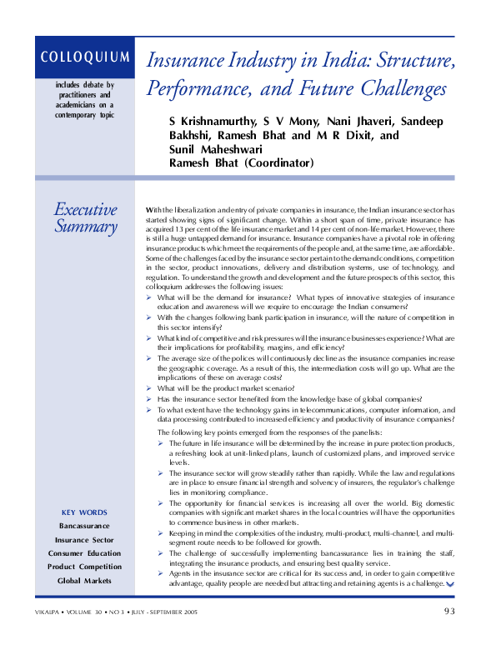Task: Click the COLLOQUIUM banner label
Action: [x=84, y=57]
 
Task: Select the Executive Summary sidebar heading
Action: [x=85, y=217]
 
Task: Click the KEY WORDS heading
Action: [x=84, y=512]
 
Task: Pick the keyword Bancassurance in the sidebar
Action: [x=84, y=526]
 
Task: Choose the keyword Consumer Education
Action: [x=84, y=553]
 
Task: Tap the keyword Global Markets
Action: [x=84, y=580]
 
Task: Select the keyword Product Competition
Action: [x=84, y=567]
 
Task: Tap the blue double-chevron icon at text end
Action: [x=450, y=585]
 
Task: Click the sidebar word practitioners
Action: [x=84, y=94]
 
